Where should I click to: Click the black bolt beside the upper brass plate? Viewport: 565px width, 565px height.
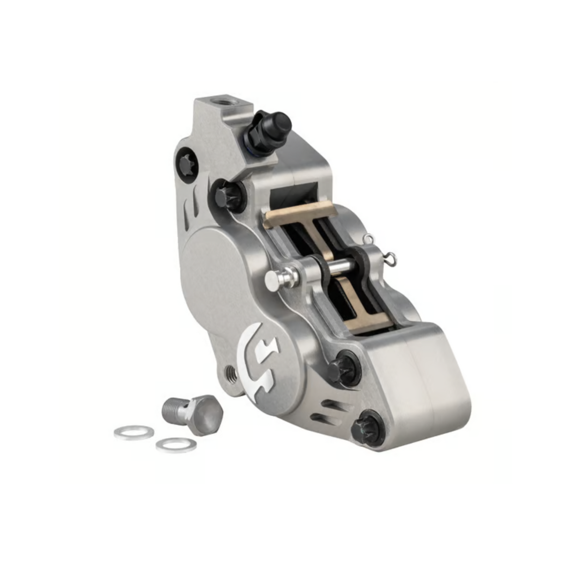click(227, 196)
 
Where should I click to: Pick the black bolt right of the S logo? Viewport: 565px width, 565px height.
click(343, 369)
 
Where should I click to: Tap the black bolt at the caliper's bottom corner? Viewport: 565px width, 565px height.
click(367, 428)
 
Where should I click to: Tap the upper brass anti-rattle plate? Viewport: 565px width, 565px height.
click(301, 212)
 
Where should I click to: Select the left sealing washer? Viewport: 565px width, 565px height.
click(134, 432)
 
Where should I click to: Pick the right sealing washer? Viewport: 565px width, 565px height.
click(176, 444)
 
